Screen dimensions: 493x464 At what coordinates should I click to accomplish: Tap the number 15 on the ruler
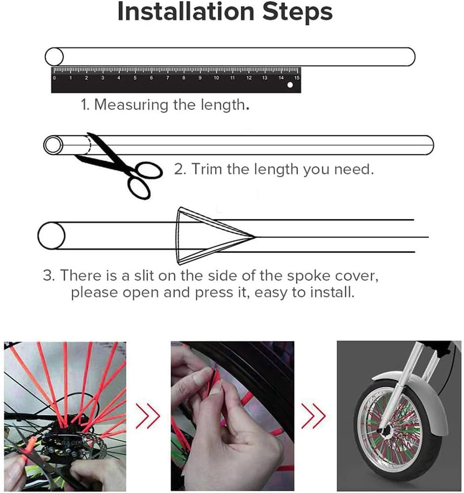coord(297,78)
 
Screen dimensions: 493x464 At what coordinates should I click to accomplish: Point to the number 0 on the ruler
coord(55,78)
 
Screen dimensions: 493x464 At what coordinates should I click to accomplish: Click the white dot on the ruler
coord(290,85)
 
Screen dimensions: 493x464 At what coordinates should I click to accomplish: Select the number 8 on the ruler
coord(184,78)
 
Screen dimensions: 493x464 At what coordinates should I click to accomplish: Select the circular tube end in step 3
coord(51,236)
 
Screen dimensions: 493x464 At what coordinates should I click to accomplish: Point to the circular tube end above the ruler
coord(54,57)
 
